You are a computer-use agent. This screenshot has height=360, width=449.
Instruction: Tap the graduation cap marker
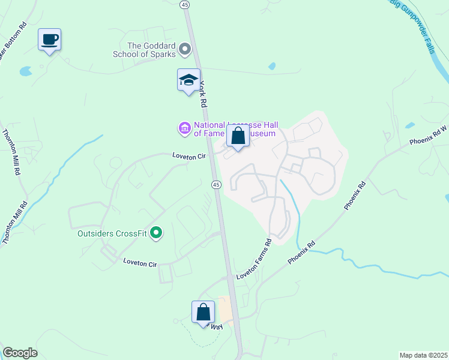[x=188, y=80]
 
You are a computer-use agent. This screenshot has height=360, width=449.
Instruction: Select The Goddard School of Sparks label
[x=152, y=49]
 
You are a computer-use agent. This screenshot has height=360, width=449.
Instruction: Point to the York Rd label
[x=205, y=94]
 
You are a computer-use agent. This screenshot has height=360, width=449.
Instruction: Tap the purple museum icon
[x=184, y=128]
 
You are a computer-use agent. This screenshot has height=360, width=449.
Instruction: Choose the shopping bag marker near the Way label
[x=203, y=312]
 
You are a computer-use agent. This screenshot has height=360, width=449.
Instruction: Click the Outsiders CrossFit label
[x=112, y=233]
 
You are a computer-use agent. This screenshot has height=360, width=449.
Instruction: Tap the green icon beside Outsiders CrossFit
[x=156, y=232]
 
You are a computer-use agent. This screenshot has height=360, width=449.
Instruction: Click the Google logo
[x=20, y=352]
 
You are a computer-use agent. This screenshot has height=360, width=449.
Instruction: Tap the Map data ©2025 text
[x=423, y=355]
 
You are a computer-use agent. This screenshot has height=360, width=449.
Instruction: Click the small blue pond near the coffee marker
[x=25, y=71]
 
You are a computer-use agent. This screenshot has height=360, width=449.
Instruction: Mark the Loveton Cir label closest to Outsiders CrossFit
[x=139, y=262]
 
